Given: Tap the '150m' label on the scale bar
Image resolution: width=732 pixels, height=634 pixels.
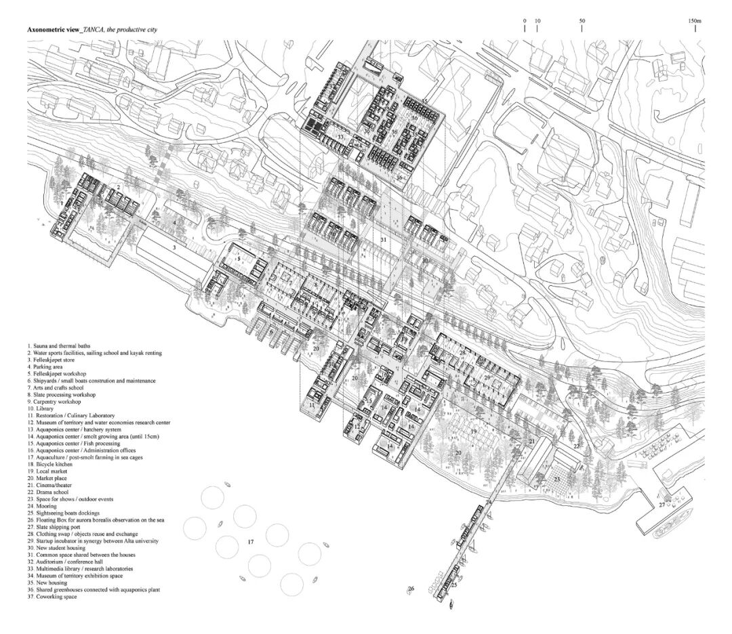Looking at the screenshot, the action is [x=694, y=21].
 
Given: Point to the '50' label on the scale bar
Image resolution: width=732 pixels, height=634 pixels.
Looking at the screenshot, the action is [x=582, y=21].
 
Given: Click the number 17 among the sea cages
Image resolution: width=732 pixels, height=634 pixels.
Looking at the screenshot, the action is [x=250, y=542].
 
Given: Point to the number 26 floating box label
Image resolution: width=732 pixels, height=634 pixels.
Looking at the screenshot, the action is [x=411, y=589].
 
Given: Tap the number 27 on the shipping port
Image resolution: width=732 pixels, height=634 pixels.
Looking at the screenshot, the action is [x=662, y=505].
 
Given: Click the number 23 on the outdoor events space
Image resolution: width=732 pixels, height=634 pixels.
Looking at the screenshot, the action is [x=556, y=479].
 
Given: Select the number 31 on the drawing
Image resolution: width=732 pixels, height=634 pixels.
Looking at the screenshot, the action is [x=383, y=240].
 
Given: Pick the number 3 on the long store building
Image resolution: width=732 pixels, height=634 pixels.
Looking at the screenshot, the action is [x=174, y=249].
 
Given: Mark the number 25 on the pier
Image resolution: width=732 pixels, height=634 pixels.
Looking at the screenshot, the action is [x=453, y=584].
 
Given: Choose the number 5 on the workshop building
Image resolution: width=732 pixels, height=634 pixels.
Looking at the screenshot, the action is [x=239, y=259].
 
